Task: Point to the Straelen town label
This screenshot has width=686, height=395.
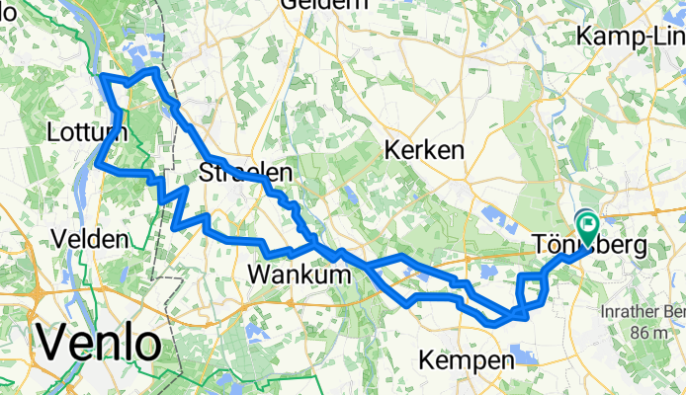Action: point(245,173)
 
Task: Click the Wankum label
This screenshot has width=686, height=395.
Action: point(300,274)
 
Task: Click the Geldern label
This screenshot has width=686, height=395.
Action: point(319,5)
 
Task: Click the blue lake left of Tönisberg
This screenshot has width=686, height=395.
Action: point(494,213)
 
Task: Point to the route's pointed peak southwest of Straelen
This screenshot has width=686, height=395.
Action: point(185,189)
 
